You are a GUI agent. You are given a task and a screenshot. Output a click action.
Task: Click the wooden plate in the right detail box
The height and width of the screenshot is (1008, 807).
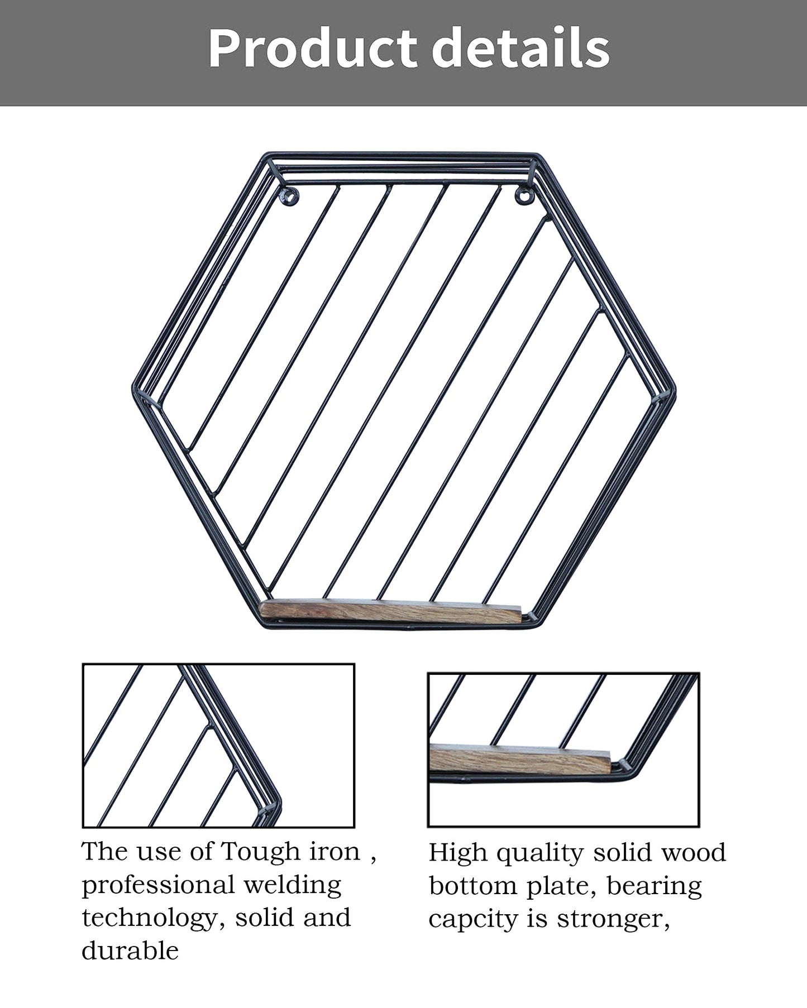[521, 761]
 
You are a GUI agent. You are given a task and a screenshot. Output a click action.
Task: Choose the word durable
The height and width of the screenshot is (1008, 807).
[130, 951]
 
